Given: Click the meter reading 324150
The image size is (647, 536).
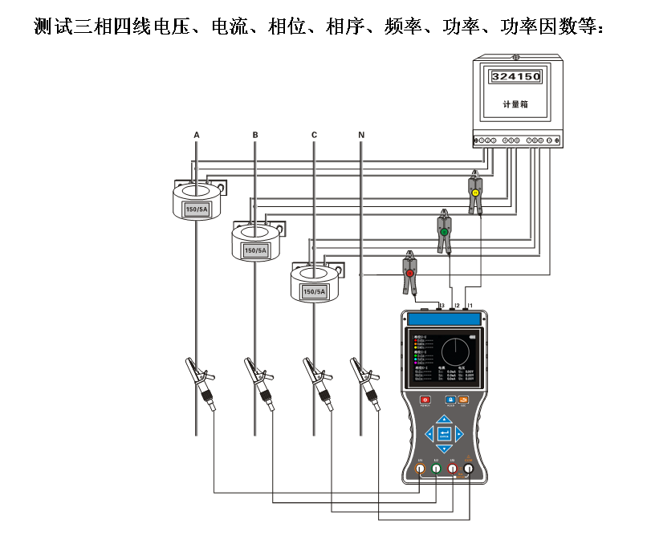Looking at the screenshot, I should pyautogui.click(x=515, y=77).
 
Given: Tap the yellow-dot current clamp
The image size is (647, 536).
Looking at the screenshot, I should pyautogui.click(x=475, y=193).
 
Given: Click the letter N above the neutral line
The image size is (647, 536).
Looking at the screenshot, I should pyautogui.click(x=361, y=135).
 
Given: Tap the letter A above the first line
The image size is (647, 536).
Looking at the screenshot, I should pyautogui.click(x=197, y=135).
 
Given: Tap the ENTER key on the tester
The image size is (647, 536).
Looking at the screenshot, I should pyautogui.click(x=444, y=435).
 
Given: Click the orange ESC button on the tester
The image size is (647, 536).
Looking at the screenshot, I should pyautogui.click(x=463, y=400).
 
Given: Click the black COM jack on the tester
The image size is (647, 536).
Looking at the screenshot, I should pyautogui.click(x=469, y=470).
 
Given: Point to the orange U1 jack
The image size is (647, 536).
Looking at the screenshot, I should pyautogui.click(x=420, y=470).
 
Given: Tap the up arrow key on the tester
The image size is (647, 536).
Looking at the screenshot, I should pyautogui.click(x=444, y=419).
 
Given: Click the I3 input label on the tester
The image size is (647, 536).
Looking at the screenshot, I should pyautogui.click(x=442, y=306).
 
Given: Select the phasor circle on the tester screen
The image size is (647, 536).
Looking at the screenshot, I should pyautogui.click(x=454, y=351).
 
